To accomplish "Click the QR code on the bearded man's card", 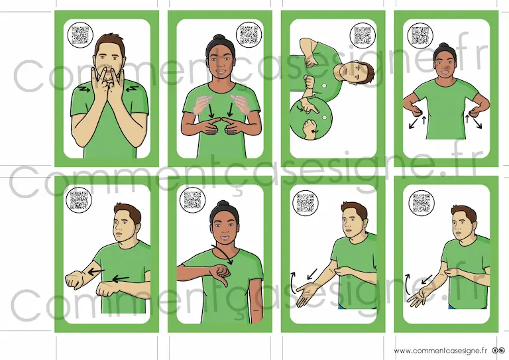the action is tap(80, 35).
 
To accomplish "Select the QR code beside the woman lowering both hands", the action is tap(249, 34).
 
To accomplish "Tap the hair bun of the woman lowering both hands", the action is tap(220, 38).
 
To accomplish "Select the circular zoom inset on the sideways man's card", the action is tap(311, 119).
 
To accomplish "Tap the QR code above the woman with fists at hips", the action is tap(420, 36).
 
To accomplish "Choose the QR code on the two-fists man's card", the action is tap(79, 200).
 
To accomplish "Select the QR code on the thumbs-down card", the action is tap(193, 200).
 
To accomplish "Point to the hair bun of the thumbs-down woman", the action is tap(223, 204).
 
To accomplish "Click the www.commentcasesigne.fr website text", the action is tap(441, 351).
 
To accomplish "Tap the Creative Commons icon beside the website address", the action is tap(498, 351).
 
